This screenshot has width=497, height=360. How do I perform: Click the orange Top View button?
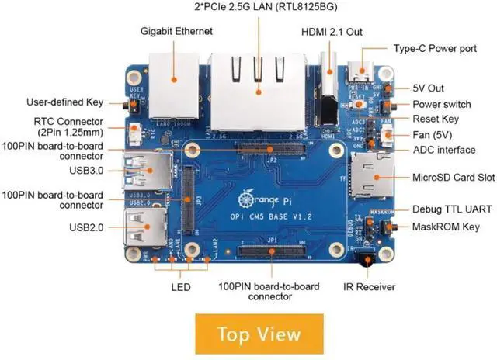259,334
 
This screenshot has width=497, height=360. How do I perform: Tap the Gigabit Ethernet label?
176,32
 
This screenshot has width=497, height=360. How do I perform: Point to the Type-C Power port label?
435,48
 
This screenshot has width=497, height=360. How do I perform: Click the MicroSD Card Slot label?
454,178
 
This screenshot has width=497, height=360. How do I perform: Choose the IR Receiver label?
370,287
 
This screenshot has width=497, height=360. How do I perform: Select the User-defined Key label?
64,102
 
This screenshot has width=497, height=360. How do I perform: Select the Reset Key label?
435,119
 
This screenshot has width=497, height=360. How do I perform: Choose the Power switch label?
441,105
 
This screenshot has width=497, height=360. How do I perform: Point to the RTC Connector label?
68,126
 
